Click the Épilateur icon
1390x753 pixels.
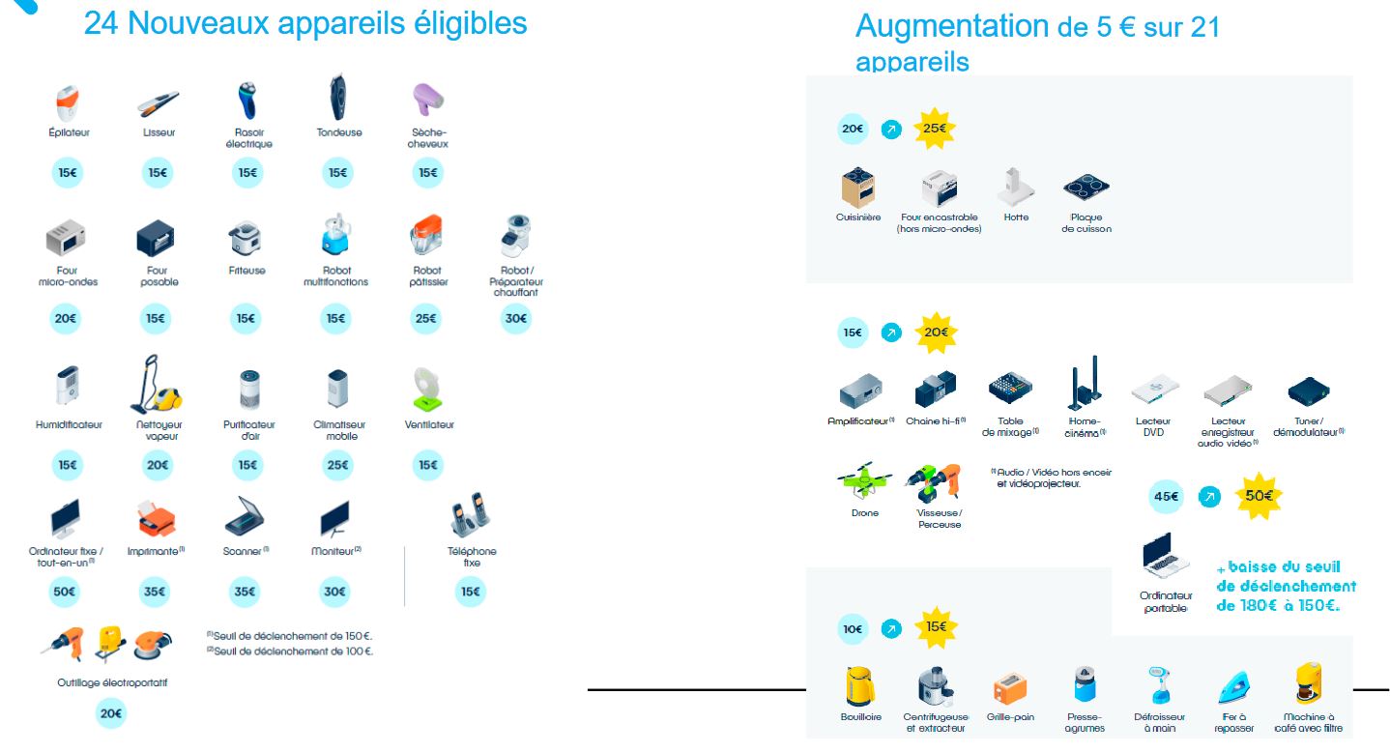point(68,102)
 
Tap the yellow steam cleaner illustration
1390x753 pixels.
point(157,386)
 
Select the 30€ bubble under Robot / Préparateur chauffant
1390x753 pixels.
point(515,318)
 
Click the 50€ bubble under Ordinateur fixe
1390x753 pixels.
point(66,591)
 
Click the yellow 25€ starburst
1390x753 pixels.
point(935,129)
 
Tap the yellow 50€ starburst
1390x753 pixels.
point(1260,496)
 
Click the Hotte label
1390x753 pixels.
point(1016,217)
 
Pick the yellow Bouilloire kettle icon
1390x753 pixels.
point(859,686)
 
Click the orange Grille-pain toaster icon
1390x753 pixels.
point(1009,688)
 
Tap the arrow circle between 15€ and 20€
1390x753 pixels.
point(891,333)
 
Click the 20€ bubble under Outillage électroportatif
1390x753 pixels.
point(110,713)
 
